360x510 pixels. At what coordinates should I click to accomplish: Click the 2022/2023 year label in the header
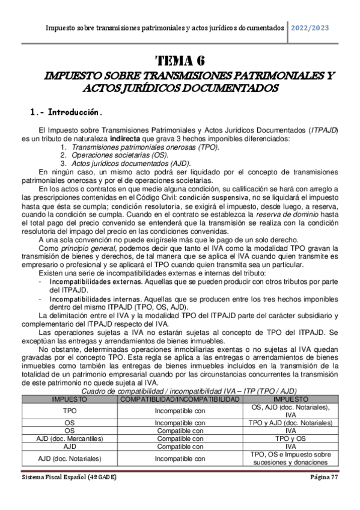(x=310, y=28)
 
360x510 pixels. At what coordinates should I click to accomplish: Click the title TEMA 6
(x=180, y=61)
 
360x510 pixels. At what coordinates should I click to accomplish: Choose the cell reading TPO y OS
(x=290, y=439)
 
